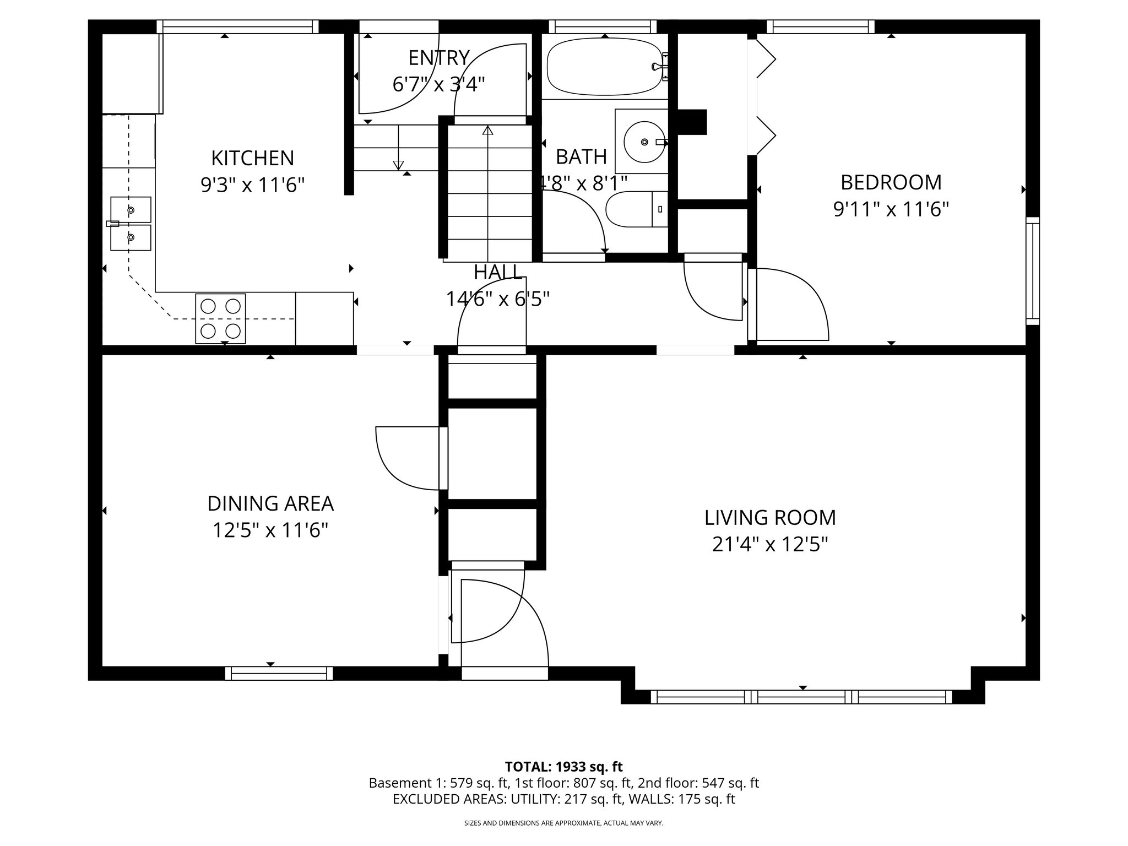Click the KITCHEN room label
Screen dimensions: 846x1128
pyautogui.click(x=252, y=159)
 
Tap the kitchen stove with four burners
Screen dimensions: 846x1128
pyautogui.click(x=220, y=319)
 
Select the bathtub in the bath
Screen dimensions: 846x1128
pyautogui.click(x=604, y=67)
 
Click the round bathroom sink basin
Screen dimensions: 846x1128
pyautogui.click(x=643, y=142)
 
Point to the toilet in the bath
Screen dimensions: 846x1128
pyautogui.click(x=633, y=209)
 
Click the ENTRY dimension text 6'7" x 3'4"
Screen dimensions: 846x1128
pyautogui.click(x=438, y=85)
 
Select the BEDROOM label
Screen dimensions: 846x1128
pyautogui.click(x=891, y=182)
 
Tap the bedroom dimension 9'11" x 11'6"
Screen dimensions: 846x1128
pyautogui.click(x=891, y=210)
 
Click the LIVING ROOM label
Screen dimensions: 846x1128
pyautogui.click(x=770, y=518)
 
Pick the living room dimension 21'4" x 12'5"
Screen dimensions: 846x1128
pyautogui.click(x=770, y=545)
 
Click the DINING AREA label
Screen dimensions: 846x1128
pyautogui.click(x=270, y=503)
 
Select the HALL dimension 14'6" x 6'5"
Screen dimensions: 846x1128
pyautogui.click(x=497, y=299)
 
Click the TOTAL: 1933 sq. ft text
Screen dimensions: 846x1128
pyautogui.click(x=563, y=767)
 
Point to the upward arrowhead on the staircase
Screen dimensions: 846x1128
pyautogui.click(x=487, y=131)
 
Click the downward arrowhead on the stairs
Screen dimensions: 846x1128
pyautogui.click(x=398, y=165)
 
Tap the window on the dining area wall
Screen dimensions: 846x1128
pyautogui.click(x=279, y=673)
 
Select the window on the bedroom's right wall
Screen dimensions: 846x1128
pyautogui.click(x=1032, y=270)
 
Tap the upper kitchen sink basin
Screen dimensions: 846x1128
pyautogui.click(x=131, y=210)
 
